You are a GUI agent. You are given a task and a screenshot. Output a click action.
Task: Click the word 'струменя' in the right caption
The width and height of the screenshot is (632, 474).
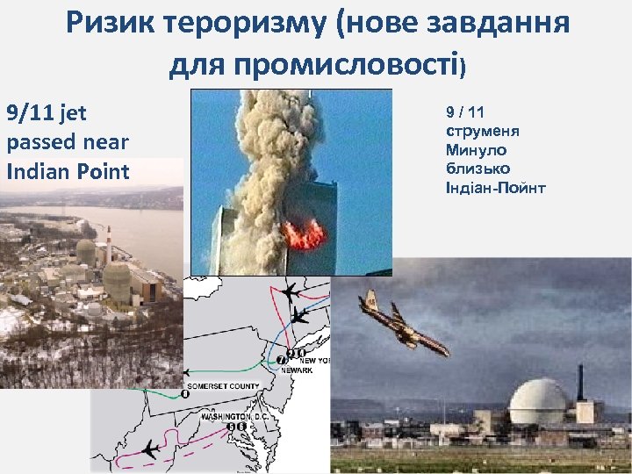click(483, 131)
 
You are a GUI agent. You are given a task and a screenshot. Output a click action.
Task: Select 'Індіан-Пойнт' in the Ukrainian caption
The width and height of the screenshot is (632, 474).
click(496, 186)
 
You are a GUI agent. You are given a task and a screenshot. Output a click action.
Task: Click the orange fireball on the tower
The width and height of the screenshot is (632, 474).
click(304, 233)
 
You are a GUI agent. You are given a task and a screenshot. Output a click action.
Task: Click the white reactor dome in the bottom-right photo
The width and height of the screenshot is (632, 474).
click(538, 402)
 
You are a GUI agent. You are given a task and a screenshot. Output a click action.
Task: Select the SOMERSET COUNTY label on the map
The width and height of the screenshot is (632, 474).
click(222, 385)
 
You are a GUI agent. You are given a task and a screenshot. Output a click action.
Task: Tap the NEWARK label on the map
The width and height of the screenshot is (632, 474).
click(296, 370)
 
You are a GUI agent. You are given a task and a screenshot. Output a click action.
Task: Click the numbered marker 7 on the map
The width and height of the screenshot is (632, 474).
click(281, 361)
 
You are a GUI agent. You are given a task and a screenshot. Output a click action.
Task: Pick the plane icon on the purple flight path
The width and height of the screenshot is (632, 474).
click(151, 449)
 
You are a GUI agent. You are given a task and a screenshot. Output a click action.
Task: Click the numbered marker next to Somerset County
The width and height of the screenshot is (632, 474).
click(185, 393)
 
